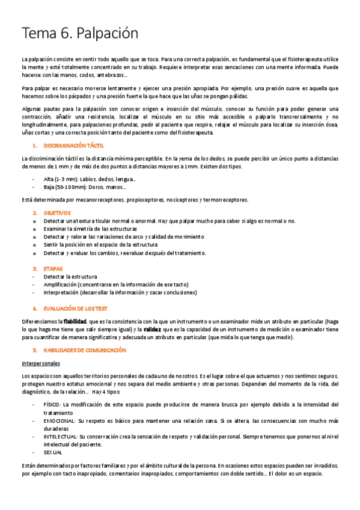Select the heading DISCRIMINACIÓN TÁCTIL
pos(73,146)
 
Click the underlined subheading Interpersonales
pos(41,364)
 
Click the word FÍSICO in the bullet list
pos(52,404)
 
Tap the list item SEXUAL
pos(53,452)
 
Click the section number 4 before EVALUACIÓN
pos(34,308)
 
